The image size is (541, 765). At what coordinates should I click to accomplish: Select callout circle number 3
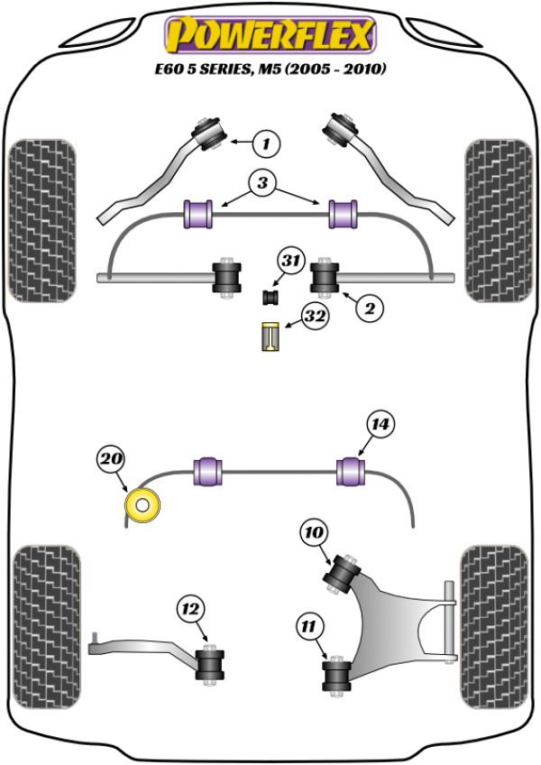click(x=262, y=184)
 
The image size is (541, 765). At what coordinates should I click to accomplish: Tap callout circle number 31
click(x=289, y=262)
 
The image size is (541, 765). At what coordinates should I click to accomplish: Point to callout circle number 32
click(x=315, y=317)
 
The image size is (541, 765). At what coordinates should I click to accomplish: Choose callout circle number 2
click(x=369, y=309)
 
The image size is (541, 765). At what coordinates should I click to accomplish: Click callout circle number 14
click(x=381, y=423)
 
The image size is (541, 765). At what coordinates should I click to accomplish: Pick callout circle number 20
click(x=110, y=460)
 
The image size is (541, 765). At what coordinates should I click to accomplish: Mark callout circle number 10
click(x=315, y=533)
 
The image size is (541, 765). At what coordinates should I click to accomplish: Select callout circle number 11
click(x=309, y=623)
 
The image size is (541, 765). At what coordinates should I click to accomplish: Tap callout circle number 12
click(x=191, y=609)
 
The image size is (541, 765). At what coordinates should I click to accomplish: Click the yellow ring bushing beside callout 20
click(x=142, y=506)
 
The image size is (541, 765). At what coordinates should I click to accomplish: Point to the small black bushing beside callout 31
click(x=268, y=296)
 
